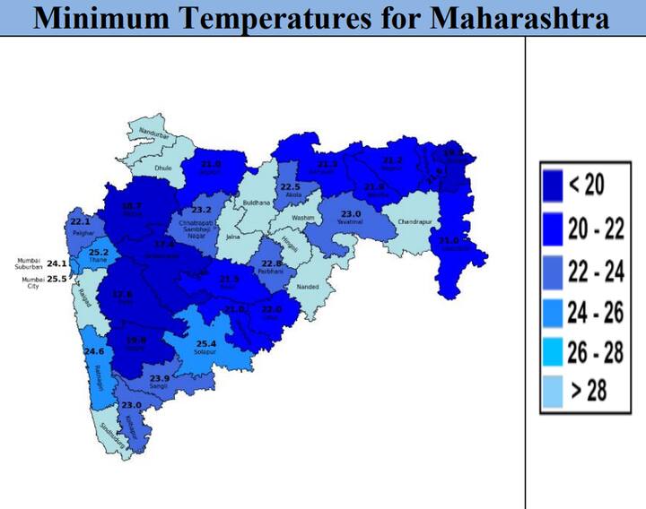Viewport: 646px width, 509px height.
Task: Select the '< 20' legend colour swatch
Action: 551,185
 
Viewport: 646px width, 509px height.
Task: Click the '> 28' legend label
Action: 587,391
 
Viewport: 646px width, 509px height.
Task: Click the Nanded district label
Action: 308,288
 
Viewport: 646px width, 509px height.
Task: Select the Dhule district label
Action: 162,168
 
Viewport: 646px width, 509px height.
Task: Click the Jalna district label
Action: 232,237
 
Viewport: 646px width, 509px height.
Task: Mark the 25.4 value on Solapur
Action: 206,343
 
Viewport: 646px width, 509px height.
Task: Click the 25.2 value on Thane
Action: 99,253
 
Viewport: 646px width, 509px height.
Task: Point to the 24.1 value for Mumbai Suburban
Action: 57,263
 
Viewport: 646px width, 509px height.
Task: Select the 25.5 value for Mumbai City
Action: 57,279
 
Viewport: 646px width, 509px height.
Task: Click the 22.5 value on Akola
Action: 291,186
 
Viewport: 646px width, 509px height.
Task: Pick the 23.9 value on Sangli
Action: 160,379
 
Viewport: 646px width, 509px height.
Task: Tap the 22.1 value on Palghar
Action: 81,222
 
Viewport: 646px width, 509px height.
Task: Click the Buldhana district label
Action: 257,203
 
